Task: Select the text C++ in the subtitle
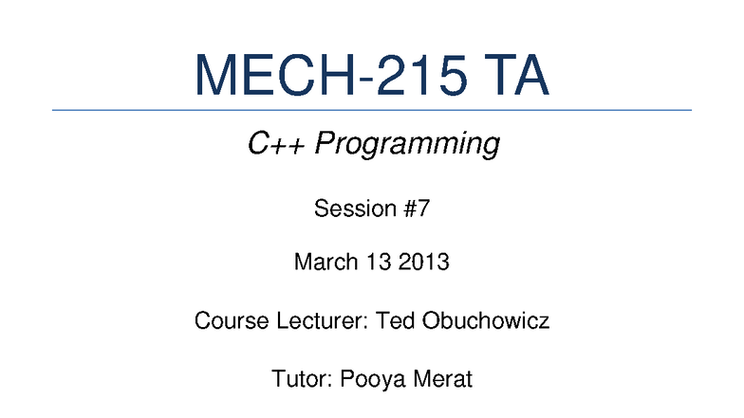coord(277,145)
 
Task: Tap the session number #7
coord(416,209)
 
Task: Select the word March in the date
coord(323,262)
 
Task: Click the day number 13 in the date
coord(376,262)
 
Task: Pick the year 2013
coord(423,262)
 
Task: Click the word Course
coord(225,320)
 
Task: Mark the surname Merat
coord(442,380)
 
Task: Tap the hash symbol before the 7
coord(409,209)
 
